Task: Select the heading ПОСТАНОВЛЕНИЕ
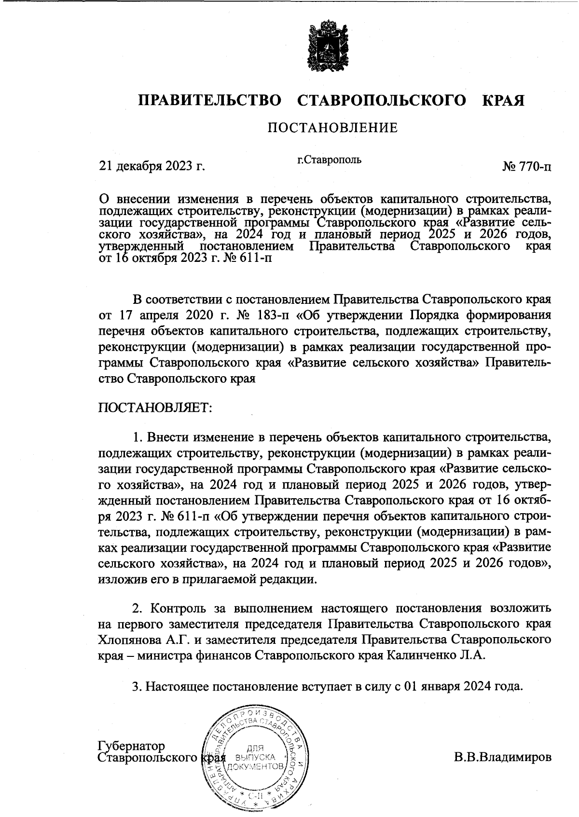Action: click(x=332, y=128)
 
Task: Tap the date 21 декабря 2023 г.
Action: click(x=152, y=166)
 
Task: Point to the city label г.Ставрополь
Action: click(x=329, y=159)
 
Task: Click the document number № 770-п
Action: click(x=526, y=167)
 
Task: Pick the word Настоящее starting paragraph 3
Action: click(x=176, y=686)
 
